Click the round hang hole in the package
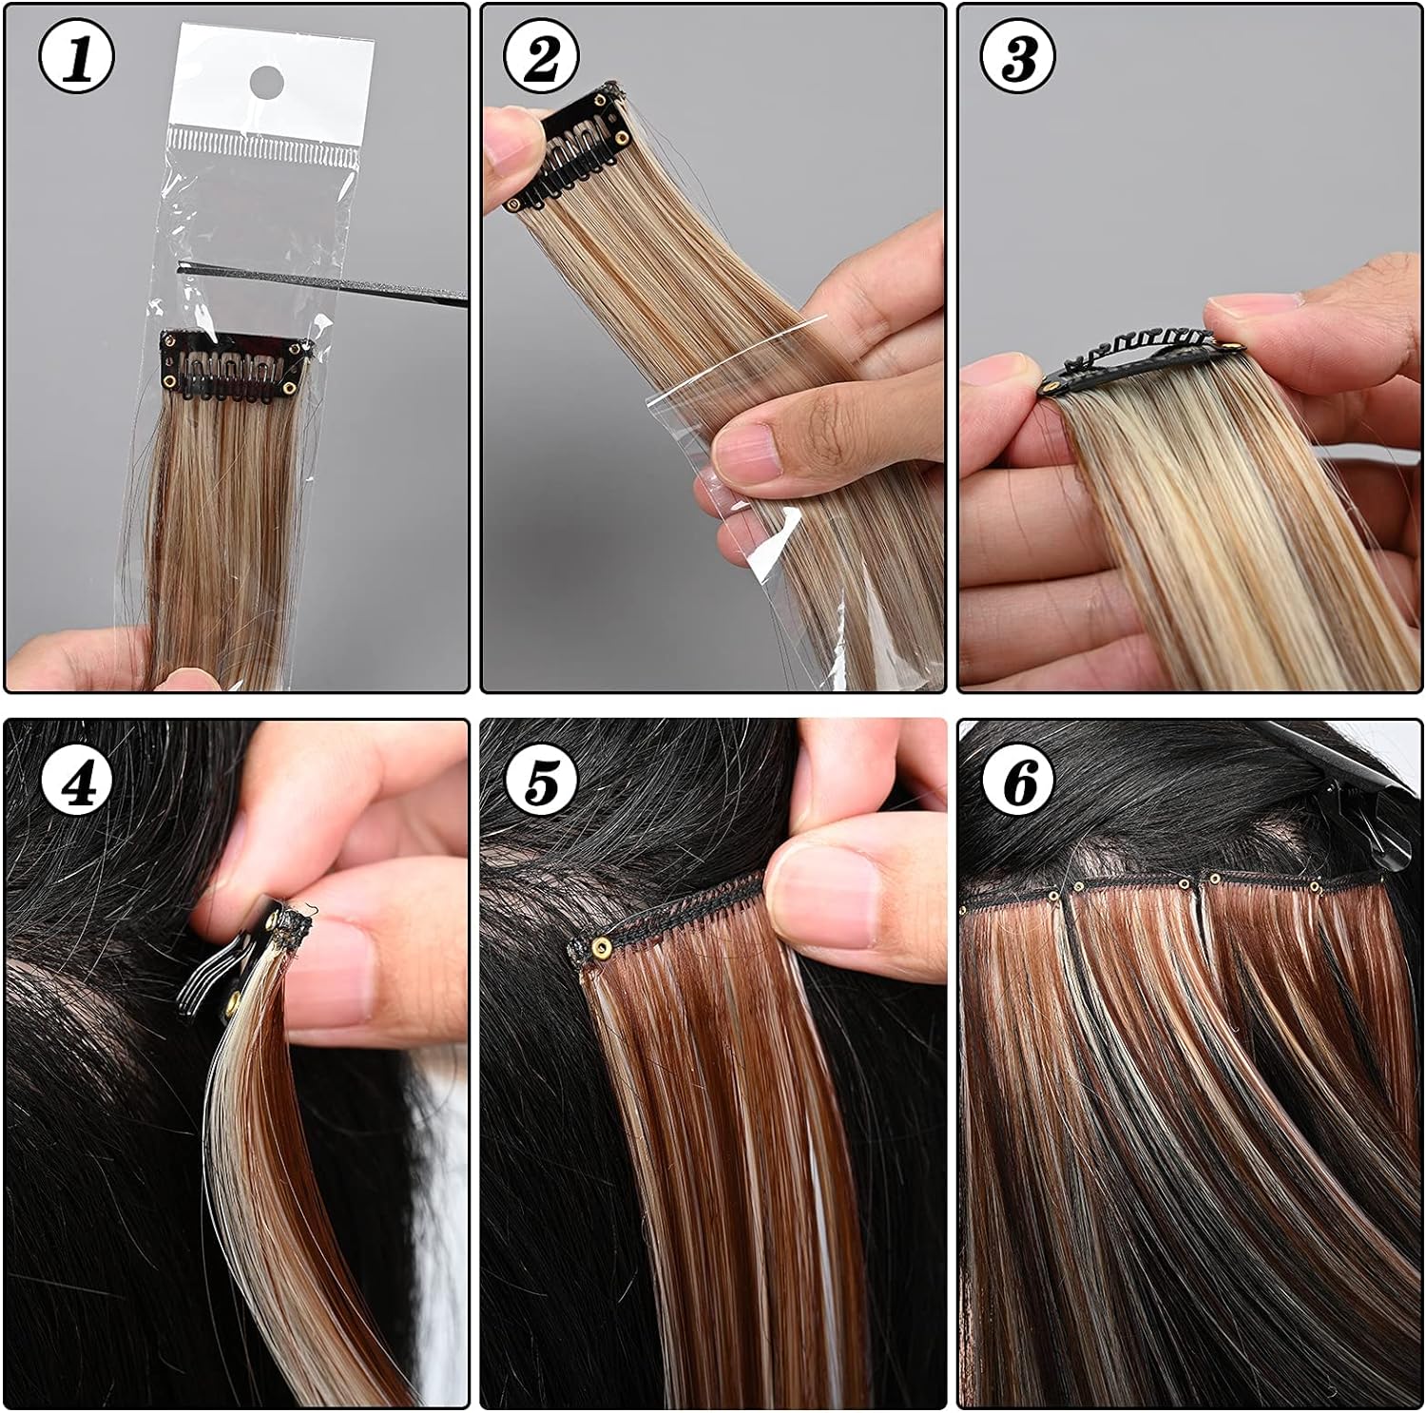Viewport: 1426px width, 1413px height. (270, 82)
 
